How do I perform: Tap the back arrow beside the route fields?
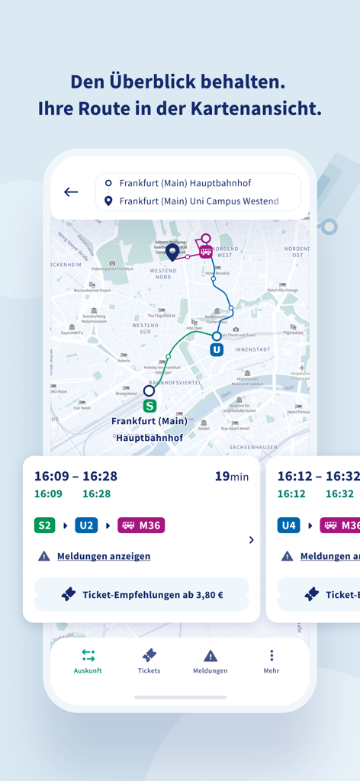[x=71, y=192]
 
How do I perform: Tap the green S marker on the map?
[x=149, y=406]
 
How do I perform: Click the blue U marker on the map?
[x=217, y=349]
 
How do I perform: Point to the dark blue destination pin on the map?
[x=173, y=251]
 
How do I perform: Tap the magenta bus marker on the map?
[x=205, y=252]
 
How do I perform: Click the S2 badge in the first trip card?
[x=45, y=525]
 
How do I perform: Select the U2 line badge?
[x=86, y=525]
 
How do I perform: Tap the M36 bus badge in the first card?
[x=141, y=525]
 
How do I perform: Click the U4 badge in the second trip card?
[x=288, y=525]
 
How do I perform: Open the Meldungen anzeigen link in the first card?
[x=104, y=556]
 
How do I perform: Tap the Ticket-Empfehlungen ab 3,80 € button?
[x=142, y=594]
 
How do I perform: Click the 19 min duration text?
[x=231, y=477]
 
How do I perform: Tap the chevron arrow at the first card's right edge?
[x=251, y=540]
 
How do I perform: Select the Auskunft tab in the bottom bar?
[x=88, y=661]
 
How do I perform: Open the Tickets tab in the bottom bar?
[x=149, y=661]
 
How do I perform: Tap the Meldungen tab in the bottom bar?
[x=211, y=661]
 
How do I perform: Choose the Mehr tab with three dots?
[x=272, y=661]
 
